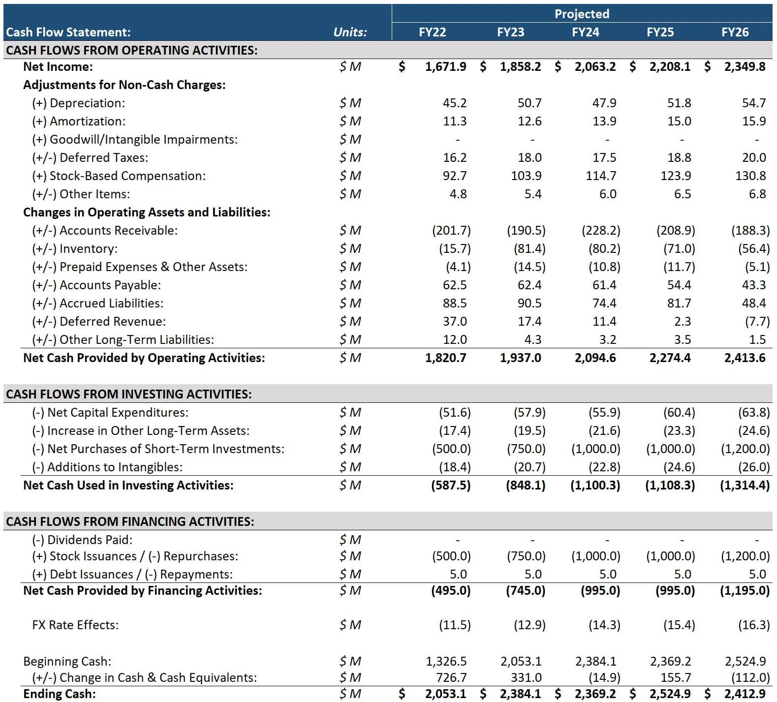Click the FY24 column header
coord(585,32)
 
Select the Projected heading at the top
coord(582,14)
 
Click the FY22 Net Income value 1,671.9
coord(445,66)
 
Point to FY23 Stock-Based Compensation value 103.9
coord(526,176)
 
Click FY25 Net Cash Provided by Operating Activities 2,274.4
coord(670,358)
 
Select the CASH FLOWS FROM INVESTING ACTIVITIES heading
coord(128,394)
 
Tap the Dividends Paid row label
coord(82,540)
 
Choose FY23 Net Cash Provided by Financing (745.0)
coord(525,590)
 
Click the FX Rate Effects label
coord(75,625)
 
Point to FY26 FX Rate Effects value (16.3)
coord(753,625)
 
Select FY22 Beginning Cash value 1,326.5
coord(446,661)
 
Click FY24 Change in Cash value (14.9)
coord(604,677)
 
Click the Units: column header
coord(350,32)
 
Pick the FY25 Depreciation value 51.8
coord(679,103)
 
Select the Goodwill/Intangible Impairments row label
coord(134,139)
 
